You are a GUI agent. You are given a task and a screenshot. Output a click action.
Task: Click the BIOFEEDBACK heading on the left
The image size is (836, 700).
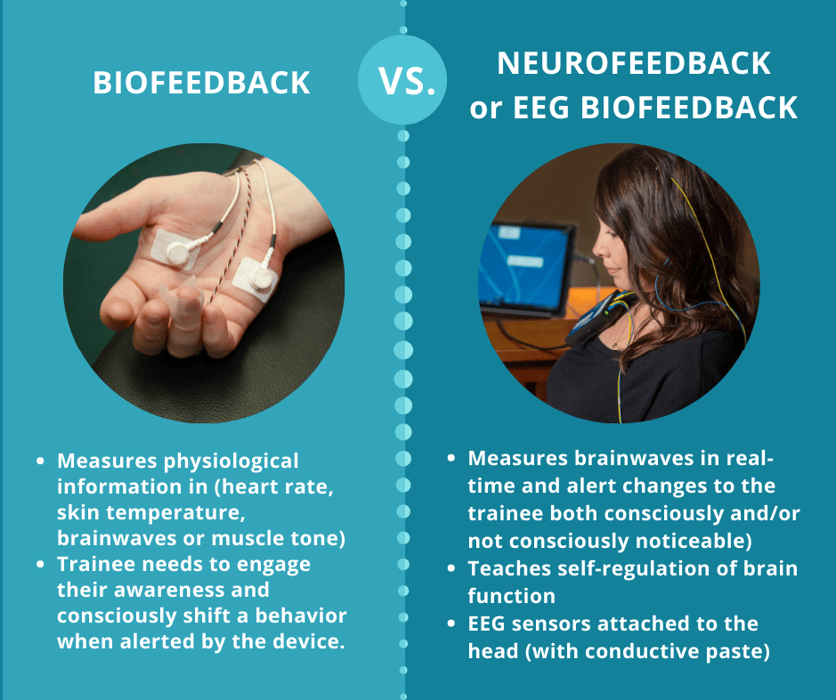click(202, 83)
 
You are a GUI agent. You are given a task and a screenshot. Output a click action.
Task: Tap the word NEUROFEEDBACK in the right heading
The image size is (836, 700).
click(634, 62)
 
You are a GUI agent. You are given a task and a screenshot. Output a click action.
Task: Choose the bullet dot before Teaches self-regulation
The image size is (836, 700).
click(452, 570)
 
